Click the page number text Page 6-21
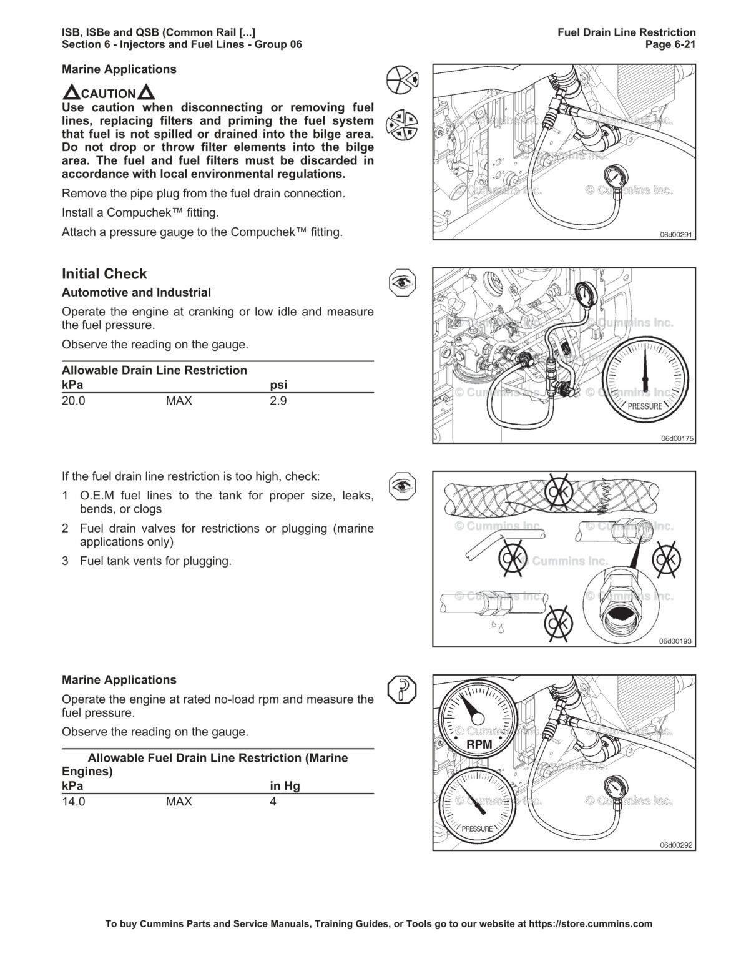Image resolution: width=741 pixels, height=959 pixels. coord(672,44)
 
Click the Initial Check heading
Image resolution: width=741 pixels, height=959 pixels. coord(104,274)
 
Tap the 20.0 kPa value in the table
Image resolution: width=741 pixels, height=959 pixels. coord(73,401)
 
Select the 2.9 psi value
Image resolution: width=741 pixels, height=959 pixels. coord(278,401)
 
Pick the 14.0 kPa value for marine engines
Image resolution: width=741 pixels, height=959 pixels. coord(73,802)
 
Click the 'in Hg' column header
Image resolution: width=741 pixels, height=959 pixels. coord(285,786)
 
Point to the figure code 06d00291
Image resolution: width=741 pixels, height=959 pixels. coord(677,235)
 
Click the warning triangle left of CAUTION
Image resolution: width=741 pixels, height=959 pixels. coord(71,94)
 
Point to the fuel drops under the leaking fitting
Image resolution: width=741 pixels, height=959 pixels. coord(498,626)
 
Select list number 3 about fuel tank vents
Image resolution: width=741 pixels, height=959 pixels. coord(65,561)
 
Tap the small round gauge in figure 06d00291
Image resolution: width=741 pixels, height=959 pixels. coord(616,179)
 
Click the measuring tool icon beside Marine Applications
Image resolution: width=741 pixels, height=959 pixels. coord(401,689)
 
